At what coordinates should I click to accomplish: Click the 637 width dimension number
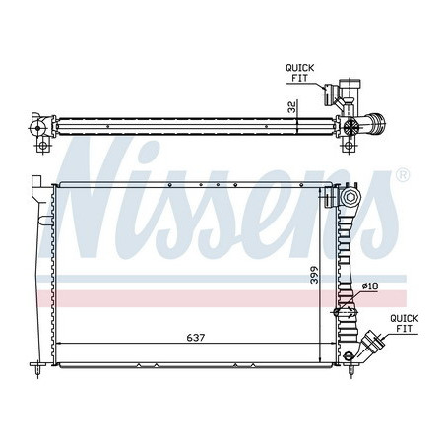[196, 337]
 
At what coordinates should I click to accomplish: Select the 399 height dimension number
[314, 275]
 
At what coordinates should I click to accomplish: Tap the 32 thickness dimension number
[291, 107]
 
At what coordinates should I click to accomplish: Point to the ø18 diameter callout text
[370, 286]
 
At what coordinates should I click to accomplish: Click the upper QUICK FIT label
[299, 73]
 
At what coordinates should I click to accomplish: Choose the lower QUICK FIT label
[404, 323]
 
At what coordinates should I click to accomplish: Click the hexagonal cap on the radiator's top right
[350, 197]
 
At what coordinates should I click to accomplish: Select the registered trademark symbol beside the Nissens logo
[403, 175]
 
